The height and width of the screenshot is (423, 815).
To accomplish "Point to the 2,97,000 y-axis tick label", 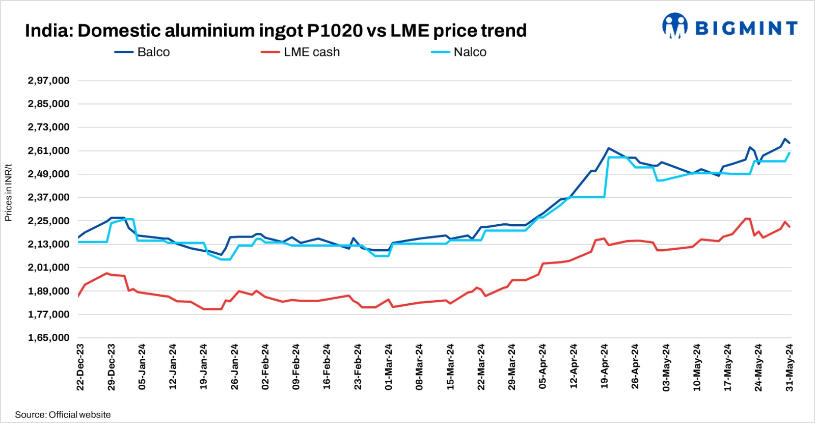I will pos(48,81).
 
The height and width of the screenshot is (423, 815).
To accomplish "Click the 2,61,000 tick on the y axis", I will pos(48,151).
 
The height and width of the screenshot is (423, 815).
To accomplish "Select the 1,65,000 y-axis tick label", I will pos(48,338).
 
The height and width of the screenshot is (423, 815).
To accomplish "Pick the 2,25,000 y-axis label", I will pos(48,221).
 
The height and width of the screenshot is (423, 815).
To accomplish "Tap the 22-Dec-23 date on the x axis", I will pos(80,367).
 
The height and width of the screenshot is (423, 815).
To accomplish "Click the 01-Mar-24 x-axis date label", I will pos(389,367).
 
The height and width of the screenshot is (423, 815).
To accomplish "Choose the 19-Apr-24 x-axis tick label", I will pos(605,367).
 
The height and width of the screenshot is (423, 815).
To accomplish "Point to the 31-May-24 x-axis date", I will pos(790,367).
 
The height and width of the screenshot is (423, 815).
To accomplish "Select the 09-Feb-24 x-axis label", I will pos(296,367).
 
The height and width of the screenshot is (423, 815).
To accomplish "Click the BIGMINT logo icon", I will pos(674,26).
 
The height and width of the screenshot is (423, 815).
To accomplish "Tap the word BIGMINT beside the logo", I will pos(746,29).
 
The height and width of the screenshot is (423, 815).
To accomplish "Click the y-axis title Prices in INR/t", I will pos(8,193).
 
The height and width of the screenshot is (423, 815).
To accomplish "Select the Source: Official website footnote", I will pos(63,415).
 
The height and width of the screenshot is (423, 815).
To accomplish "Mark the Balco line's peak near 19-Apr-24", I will pos(608,148).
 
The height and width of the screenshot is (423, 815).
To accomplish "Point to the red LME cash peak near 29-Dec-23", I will pos(107,273).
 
